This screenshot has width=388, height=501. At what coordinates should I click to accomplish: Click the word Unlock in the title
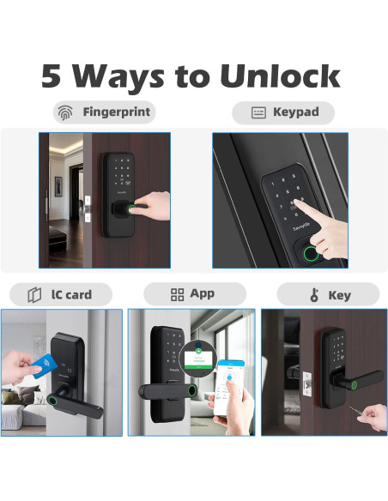click(280, 76)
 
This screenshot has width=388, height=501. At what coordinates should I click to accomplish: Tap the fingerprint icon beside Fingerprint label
click(65, 112)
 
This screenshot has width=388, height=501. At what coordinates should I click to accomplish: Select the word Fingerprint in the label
click(116, 112)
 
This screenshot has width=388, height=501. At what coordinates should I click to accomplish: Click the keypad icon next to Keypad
click(258, 112)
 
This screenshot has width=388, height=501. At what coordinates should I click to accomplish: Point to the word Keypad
click(296, 112)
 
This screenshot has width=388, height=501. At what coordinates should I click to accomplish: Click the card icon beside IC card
click(34, 294)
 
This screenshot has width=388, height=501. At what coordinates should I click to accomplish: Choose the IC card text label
click(71, 294)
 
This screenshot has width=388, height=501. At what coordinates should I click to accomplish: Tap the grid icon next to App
click(178, 294)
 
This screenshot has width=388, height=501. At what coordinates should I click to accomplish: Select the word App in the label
click(203, 293)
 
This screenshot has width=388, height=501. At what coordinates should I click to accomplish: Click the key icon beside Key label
click(314, 295)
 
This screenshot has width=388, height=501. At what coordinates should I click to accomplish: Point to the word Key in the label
click(339, 295)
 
